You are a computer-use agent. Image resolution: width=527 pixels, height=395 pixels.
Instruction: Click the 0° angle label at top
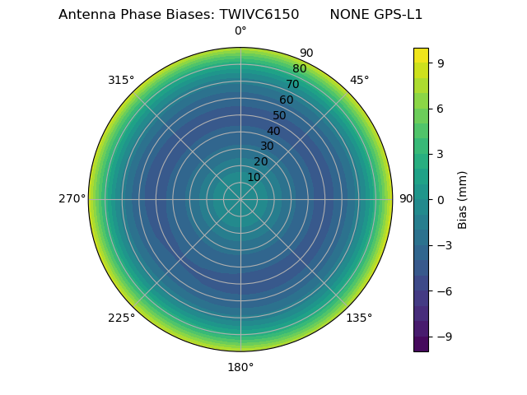tap(240, 31)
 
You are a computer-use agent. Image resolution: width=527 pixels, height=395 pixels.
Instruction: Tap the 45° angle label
tap(359, 81)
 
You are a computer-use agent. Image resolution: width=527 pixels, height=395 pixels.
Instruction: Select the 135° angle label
tap(359, 318)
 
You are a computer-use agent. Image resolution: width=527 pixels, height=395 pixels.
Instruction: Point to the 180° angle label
tap(240, 367)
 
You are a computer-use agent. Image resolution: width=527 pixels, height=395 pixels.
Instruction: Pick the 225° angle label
tap(121, 318)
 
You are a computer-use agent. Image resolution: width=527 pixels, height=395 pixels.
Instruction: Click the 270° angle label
tap(72, 199)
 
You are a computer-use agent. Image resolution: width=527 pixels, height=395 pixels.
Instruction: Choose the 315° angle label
tap(121, 81)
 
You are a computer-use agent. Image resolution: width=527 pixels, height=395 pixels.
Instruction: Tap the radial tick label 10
tap(254, 177)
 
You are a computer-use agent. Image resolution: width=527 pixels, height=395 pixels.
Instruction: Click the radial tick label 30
tap(267, 146)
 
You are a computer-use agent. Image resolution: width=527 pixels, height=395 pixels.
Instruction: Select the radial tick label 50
tap(280, 116)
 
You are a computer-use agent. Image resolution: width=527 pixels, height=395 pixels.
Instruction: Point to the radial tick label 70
tap(292, 85)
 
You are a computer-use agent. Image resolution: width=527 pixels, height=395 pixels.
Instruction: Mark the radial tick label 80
tap(299, 69)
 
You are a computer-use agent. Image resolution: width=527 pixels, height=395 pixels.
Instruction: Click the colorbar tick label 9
tap(441, 63)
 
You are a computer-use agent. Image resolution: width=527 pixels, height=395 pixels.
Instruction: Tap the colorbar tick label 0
tap(441, 199)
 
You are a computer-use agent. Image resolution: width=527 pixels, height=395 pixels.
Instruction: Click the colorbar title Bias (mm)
tap(463, 199)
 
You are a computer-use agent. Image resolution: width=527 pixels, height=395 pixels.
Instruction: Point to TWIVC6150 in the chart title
tap(259, 15)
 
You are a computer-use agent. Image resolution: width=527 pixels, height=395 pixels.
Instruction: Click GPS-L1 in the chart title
tap(397, 15)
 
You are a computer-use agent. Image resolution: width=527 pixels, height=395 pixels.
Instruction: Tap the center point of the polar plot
tap(240, 199)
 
